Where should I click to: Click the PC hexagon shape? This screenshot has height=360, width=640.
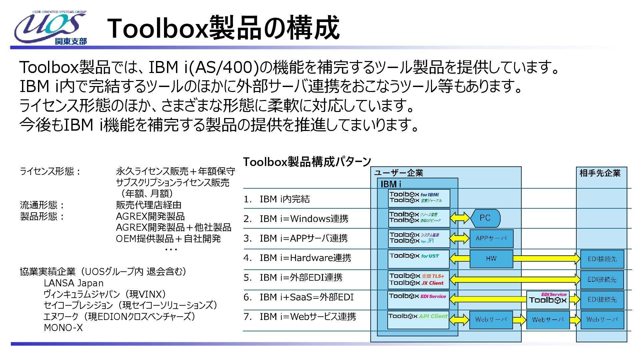[x=485, y=218]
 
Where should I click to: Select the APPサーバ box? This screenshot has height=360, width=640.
[x=491, y=238]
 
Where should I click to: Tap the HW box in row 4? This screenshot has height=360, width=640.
[x=491, y=259]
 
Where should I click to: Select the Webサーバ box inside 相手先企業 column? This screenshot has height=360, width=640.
[x=602, y=320]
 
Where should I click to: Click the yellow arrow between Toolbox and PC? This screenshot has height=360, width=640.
[x=460, y=218]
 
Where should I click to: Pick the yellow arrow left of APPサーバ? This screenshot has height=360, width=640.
[x=459, y=238]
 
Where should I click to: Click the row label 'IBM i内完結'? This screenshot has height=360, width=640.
[x=285, y=199]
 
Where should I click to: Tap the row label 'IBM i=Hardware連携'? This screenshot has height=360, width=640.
[x=305, y=258]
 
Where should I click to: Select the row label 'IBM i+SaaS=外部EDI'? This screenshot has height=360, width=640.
[x=306, y=297]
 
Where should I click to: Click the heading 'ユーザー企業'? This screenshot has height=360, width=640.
[x=398, y=173]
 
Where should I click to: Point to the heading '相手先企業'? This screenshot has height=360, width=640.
[x=600, y=173]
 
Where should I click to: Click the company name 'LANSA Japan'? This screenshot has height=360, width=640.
[x=74, y=283]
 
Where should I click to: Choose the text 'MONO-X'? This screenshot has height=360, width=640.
[x=63, y=328]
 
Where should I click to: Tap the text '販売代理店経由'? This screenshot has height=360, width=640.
[x=149, y=205]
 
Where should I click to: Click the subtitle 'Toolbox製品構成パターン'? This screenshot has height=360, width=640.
[x=307, y=162]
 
